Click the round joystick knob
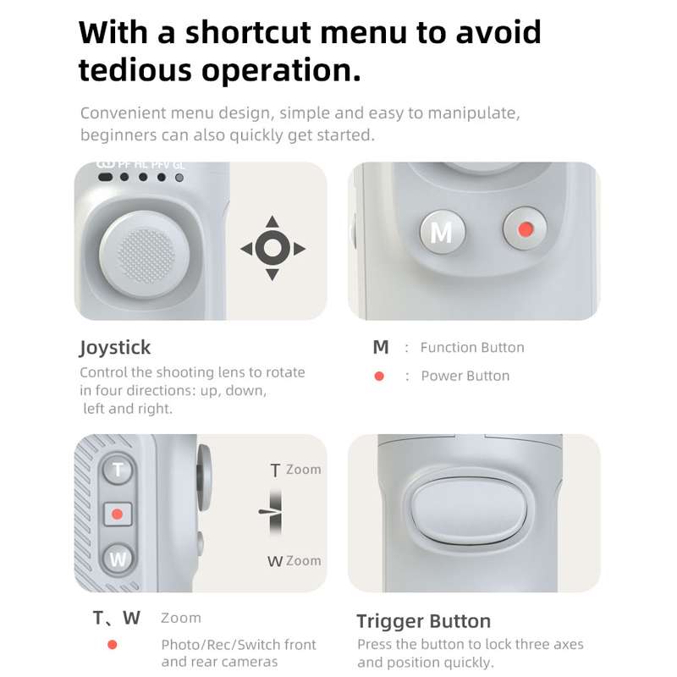pos(144,255)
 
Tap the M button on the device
pos(442,232)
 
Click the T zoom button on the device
pos(118,470)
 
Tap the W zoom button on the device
pos(118,559)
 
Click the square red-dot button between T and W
pos(118,515)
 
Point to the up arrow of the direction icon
pos(272,222)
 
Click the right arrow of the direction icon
pos(300,249)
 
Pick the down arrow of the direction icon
pos(272,274)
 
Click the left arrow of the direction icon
pos(246,249)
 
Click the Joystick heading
pos(115,348)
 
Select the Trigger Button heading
pos(424,622)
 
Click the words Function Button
pos(472,348)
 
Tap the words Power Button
pos(465,376)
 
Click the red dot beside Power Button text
pos(379,376)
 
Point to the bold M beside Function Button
pos(381,347)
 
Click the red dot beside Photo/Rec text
pos(113,645)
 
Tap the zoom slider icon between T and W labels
pos(272,512)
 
